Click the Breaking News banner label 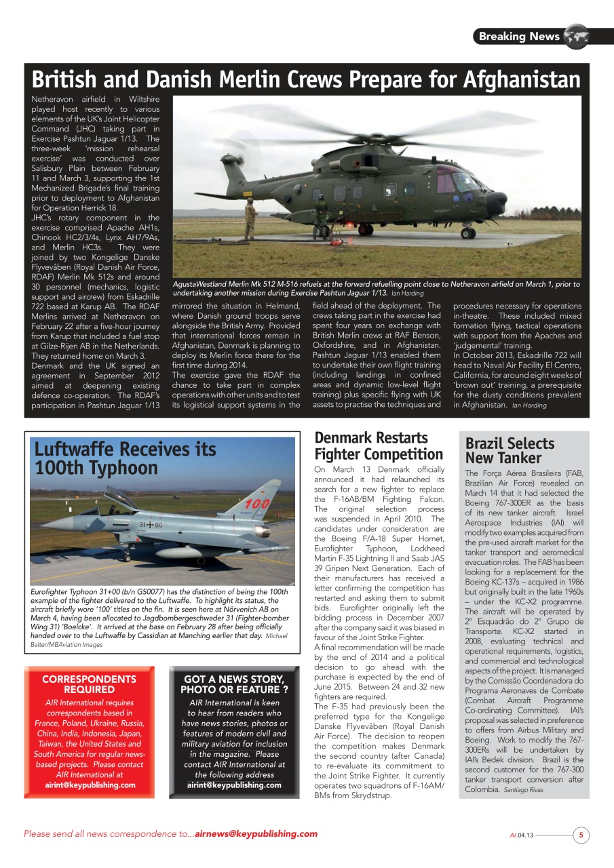click(x=519, y=37)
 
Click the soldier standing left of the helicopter click(x=250, y=218)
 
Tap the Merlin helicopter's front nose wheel click(x=467, y=233)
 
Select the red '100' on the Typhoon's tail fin click(x=257, y=504)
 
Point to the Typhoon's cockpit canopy click(x=119, y=499)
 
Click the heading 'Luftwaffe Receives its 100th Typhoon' click(x=125, y=458)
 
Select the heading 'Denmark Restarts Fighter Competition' click(x=379, y=446)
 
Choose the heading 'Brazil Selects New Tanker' click(x=510, y=450)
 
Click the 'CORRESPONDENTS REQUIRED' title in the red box click(x=89, y=684)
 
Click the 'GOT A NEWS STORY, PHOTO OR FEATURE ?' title click(x=233, y=684)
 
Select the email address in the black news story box click(x=234, y=785)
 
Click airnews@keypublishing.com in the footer click(x=256, y=833)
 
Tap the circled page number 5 click(x=581, y=835)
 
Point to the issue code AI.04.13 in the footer click(x=522, y=835)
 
